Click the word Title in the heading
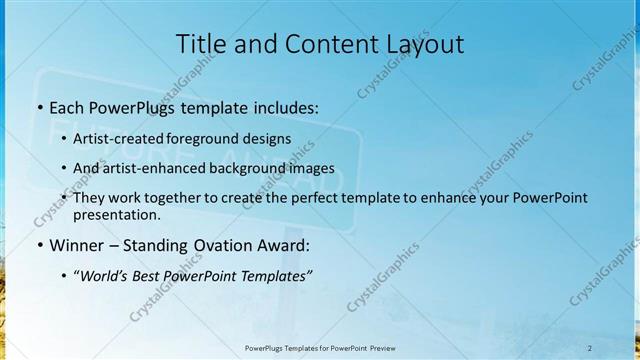tap(200, 44)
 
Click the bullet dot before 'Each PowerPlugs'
tap(39, 106)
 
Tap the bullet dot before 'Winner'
tap(39, 244)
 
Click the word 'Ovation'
tap(234, 244)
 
